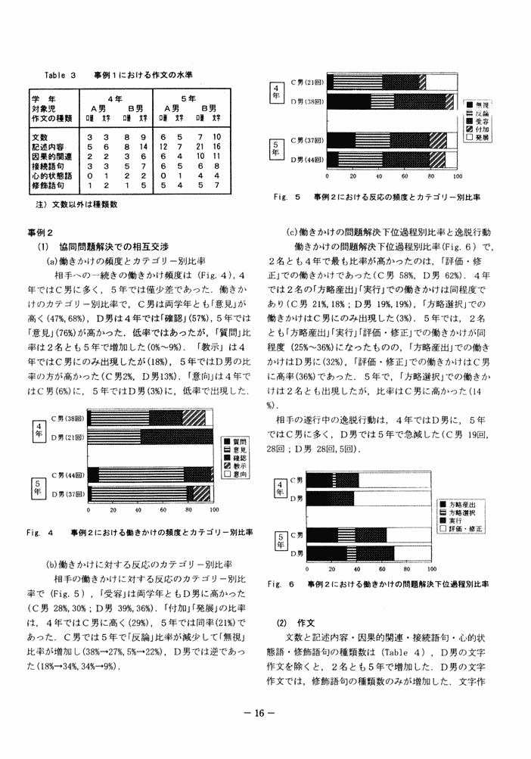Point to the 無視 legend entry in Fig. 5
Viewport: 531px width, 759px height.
tap(481, 104)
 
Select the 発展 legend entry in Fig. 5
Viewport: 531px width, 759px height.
tap(481, 138)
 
